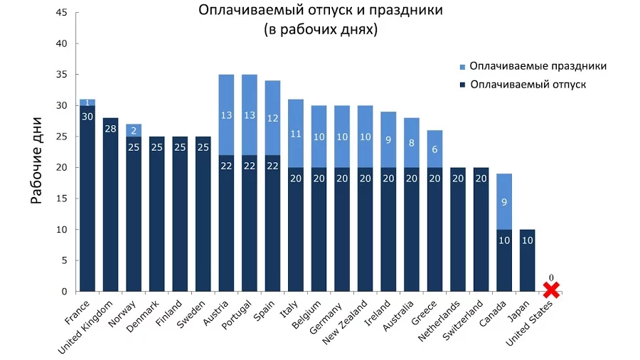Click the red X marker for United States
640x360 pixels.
(x=552, y=290)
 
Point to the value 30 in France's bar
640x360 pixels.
(x=87, y=116)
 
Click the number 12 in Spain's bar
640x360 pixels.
(x=273, y=118)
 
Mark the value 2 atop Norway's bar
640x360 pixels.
(x=134, y=130)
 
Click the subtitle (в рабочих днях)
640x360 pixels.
(x=319, y=31)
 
